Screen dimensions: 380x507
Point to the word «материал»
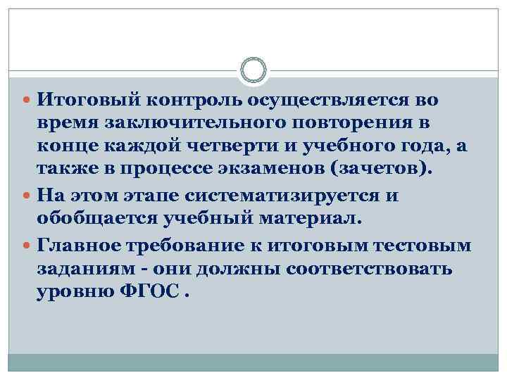click(307, 217)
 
